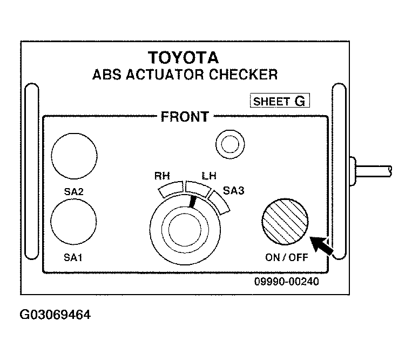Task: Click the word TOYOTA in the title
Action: pos(184,58)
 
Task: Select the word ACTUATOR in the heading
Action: pos(165,75)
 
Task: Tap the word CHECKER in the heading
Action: pos(243,75)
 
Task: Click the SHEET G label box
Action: pos(280,101)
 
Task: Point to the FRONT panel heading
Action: pos(185,117)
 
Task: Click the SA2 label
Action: pos(73,192)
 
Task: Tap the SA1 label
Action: pos(73,257)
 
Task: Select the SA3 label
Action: pos(234,190)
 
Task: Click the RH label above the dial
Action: pos(162,176)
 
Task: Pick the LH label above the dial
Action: pos(209,176)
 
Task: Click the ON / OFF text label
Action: pos(286,257)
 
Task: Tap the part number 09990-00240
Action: pos(286,282)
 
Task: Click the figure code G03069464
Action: pos(55,315)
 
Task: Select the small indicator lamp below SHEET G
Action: pos(230,144)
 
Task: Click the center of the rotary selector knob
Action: pos(185,229)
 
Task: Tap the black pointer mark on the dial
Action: pos(193,202)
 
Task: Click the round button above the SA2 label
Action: pos(74,156)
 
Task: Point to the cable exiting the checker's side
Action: pos(373,171)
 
